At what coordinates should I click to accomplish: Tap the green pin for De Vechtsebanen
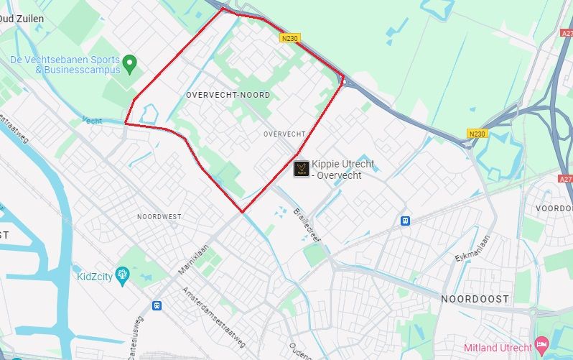click(x=129, y=64)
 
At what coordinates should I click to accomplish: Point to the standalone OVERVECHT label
click(x=284, y=134)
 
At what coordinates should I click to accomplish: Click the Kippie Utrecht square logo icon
click(x=302, y=169)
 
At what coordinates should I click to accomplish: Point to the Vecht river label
click(x=92, y=120)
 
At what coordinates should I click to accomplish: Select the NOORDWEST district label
click(x=159, y=216)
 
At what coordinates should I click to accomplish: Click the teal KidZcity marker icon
click(x=122, y=274)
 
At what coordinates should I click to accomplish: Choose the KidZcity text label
click(x=94, y=276)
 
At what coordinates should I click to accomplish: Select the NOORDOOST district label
click(x=475, y=299)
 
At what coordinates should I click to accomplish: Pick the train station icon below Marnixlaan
click(x=157, y=305)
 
